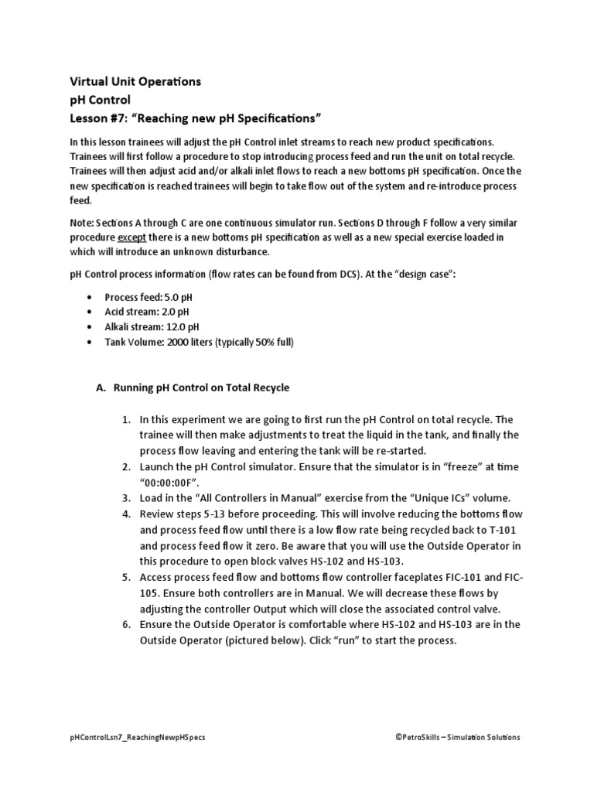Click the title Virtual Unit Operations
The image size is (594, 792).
[135, 81]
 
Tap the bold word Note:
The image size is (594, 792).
[83, 222]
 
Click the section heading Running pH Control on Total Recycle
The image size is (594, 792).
[201, 387]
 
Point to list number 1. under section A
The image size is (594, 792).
[126, 421]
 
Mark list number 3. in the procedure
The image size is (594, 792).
[126, 498]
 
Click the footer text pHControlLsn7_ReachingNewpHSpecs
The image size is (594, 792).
[138, 738]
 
